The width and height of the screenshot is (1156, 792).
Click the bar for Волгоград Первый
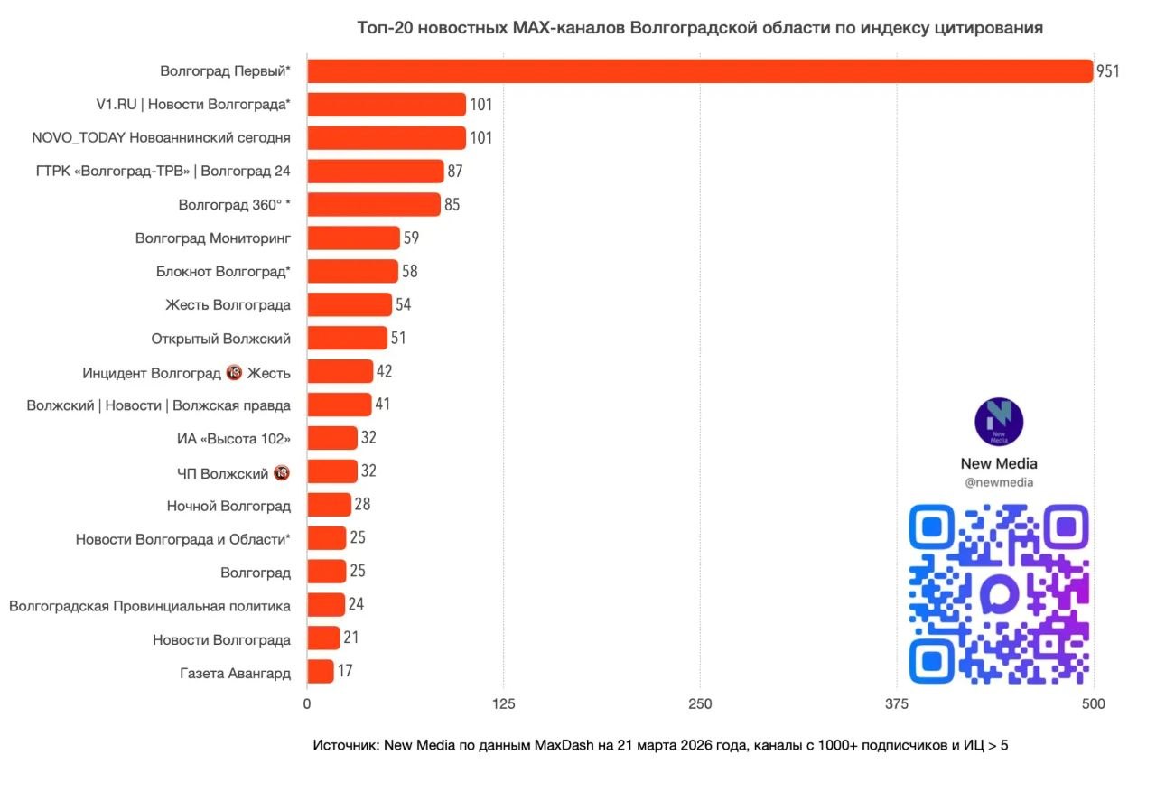700,71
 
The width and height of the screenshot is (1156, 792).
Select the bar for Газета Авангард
321,672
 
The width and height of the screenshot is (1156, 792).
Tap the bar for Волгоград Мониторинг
353,238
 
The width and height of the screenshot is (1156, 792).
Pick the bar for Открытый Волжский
348,339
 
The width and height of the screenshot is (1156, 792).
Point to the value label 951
1107,71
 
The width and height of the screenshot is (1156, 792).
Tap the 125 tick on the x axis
504,704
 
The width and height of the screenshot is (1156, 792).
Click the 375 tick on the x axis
897,704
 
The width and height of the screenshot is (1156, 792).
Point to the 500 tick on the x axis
1093,704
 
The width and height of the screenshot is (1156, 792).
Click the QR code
999,593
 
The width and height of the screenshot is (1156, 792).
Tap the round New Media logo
999,422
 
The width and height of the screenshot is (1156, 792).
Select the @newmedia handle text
999,482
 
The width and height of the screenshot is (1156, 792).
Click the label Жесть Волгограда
228,305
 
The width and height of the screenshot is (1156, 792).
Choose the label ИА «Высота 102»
234,439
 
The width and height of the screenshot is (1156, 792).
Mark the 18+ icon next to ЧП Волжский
281,472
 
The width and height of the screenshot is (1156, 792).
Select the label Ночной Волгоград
228,506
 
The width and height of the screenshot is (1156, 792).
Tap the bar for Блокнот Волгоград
352,272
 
